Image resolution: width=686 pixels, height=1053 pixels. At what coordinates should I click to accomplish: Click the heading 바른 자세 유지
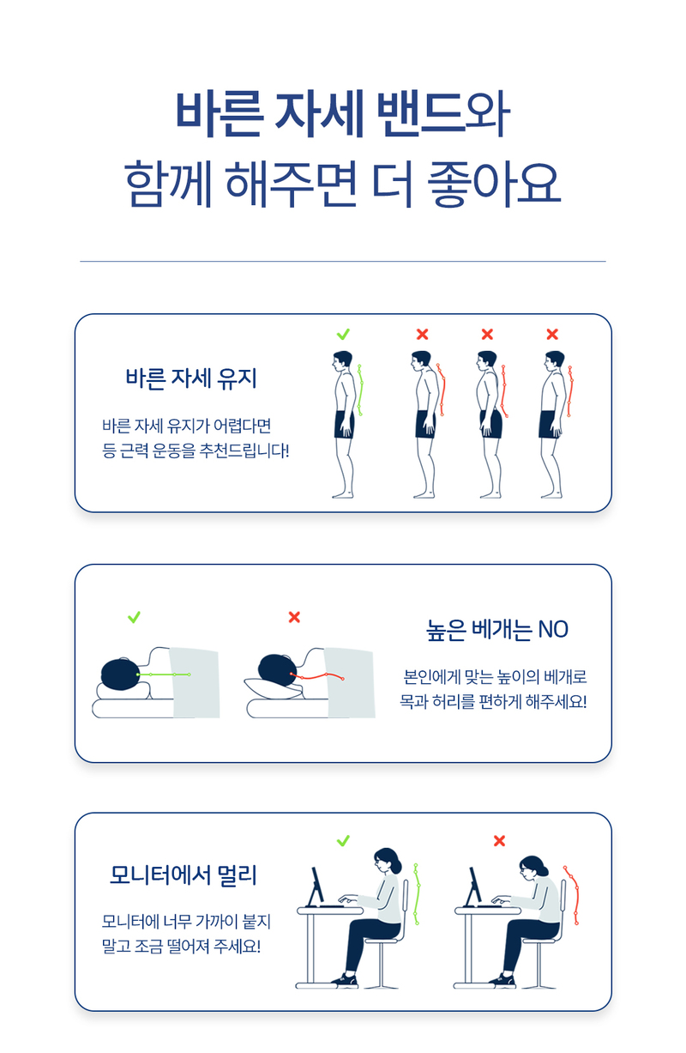(x=190, y=378)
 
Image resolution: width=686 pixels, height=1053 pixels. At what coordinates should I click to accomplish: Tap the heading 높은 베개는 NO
(x=496, y=629)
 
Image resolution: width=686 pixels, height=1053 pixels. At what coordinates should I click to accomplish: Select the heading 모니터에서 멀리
(x=184, y=875)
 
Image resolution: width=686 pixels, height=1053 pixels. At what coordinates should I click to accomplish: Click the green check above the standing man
(x=343, y=334)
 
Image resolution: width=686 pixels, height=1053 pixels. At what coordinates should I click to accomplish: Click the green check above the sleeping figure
(x=134, y=617)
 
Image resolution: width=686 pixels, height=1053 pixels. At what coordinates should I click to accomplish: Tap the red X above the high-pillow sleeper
(x=294, y=617)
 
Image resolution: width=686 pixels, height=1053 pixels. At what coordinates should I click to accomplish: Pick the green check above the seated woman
(x=343, y=840)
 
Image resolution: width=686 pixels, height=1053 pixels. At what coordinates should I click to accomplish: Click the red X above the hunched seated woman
(x=499, y=840)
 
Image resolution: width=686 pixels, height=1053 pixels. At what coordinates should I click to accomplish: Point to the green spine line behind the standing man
(x=361, y=390)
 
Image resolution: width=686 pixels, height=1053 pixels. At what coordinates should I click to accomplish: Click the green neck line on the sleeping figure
(x=164, y=675)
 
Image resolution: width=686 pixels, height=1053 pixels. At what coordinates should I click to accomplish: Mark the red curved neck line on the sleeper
(x=317, y=677)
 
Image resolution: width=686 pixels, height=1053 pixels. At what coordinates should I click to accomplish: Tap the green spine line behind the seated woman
(x=417, y=894)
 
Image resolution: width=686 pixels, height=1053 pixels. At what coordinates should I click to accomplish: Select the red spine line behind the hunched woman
(x=573, y=894)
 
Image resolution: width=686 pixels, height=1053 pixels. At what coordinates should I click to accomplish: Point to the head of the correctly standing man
(x=342, y=361)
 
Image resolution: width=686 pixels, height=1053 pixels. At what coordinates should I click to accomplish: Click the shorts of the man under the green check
(x=345, y=425)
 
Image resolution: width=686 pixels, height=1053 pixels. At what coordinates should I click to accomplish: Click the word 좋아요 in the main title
(x=494, y=184)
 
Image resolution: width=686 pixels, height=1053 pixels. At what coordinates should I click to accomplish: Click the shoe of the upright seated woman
(x=345, y=980)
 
